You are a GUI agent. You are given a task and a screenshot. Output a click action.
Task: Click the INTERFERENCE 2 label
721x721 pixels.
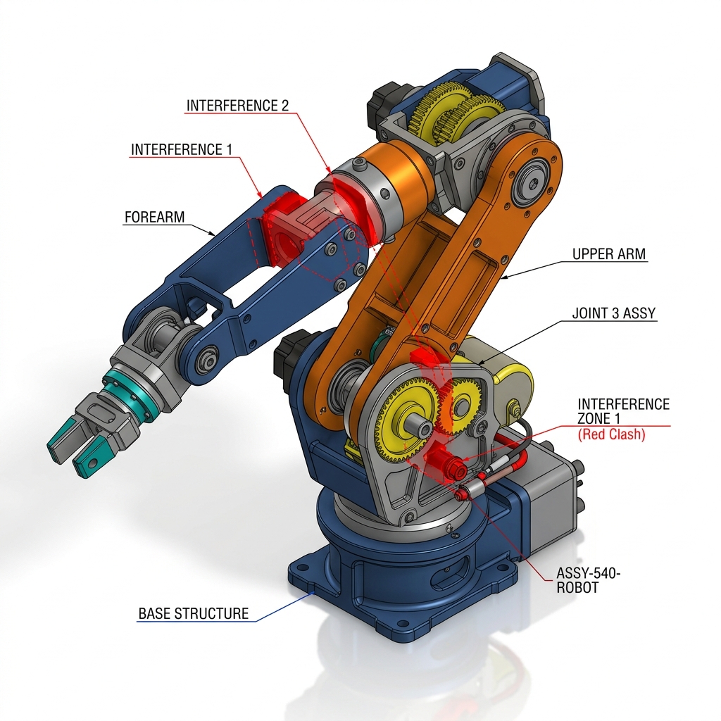click(x=237, y=106)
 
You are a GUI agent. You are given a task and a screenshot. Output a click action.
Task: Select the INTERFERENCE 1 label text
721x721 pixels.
click(x=182, y=149)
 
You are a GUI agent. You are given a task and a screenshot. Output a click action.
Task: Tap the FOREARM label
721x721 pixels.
click(x=154, y=217)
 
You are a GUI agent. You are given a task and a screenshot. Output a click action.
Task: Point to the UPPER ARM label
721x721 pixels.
click(x=609, y=253)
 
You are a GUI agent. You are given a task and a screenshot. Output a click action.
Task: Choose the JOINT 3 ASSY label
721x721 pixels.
click(x=613, y=313)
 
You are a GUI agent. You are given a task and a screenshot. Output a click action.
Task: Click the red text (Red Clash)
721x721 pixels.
click(x=611, y=434)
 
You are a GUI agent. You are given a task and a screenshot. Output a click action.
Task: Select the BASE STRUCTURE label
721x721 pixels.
click(x=193, y=613)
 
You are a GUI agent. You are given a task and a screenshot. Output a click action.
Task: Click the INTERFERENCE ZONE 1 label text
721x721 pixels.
click(x=623, y=411)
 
